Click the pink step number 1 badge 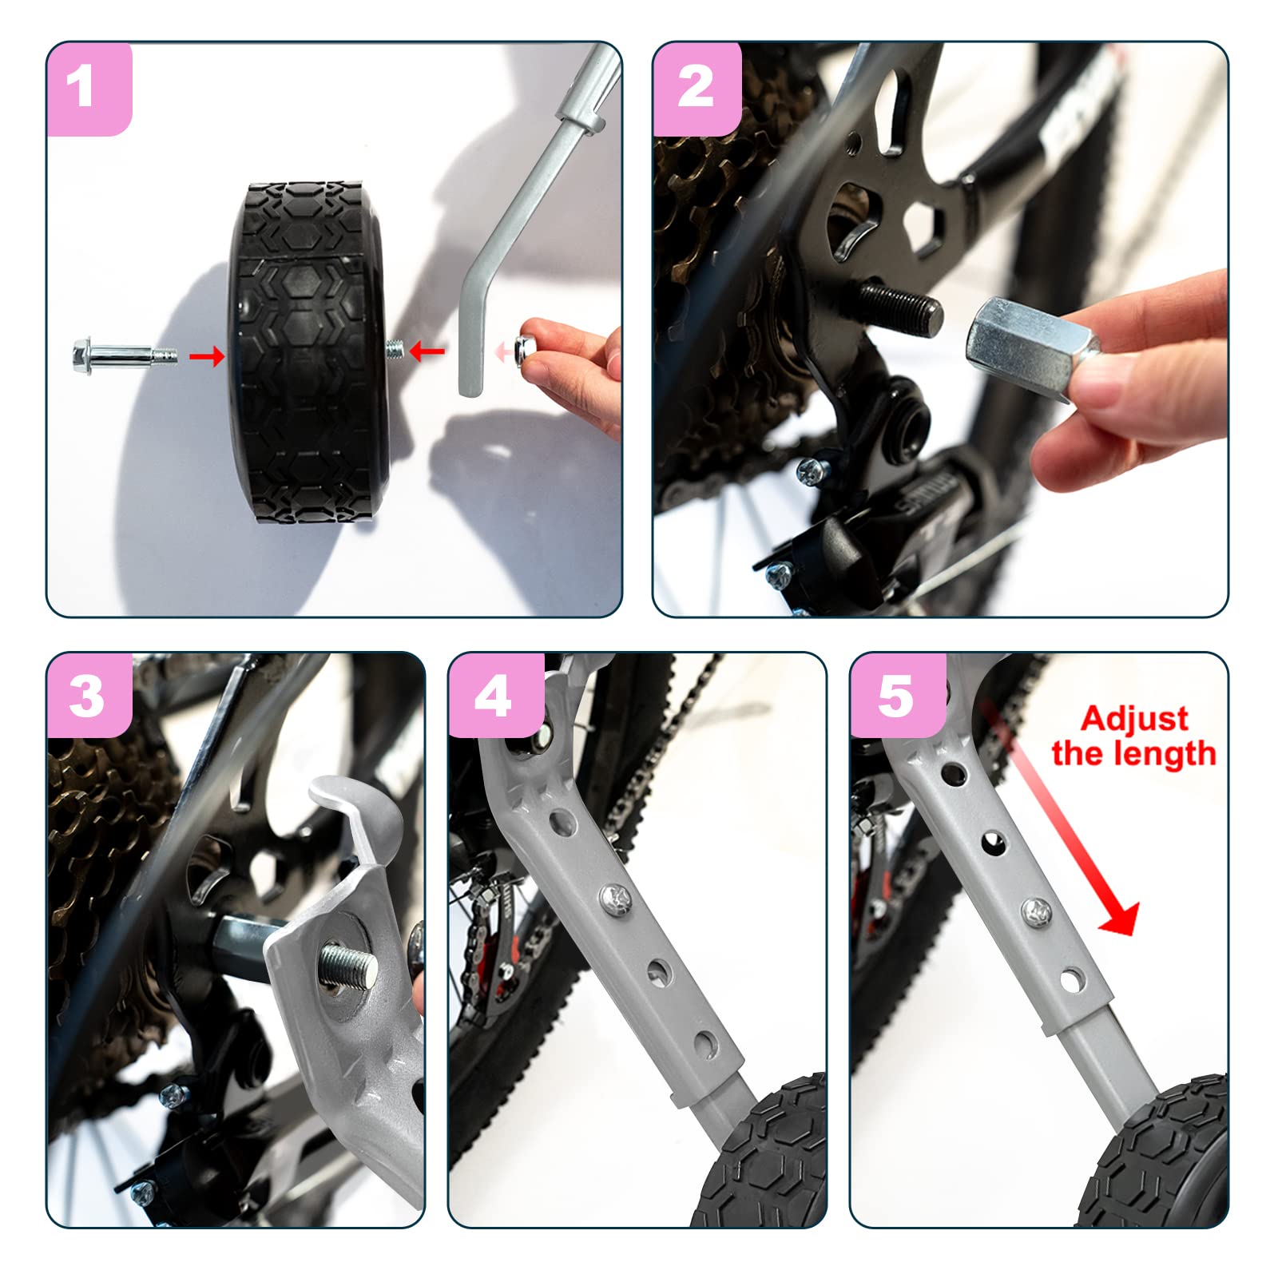click(89, 88)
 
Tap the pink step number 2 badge click(697, 88)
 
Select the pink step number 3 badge click(89, 695)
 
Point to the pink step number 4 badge click(496, 695)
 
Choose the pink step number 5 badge click(898, 695)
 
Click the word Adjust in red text click(1134, 720)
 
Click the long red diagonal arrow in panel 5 click(1058, 819)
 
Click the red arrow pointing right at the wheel click(207, 356)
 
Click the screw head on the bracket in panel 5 click(1035, 910)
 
